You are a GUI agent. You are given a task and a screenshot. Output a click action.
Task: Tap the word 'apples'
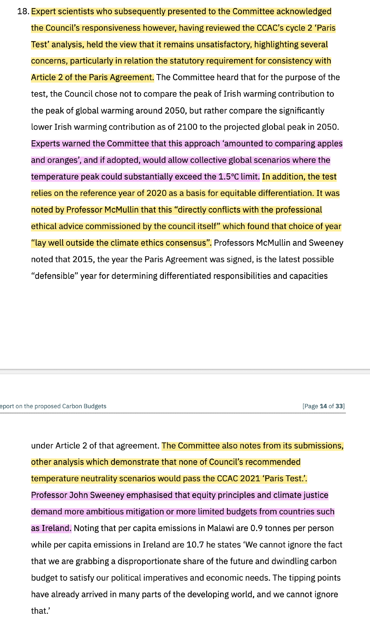point(329,144)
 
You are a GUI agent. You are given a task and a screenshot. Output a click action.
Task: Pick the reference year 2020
point(156,193)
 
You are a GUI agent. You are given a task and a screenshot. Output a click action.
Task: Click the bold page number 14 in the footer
point(323,406)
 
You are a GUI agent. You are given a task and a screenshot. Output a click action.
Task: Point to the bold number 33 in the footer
point(339,406)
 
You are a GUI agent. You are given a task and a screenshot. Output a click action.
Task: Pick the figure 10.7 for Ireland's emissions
point(195,545)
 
